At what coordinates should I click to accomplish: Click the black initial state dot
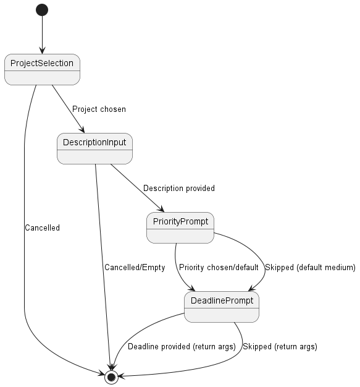click(42, 10)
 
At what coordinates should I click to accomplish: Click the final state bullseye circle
click(111, 376)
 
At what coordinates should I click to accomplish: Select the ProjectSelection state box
click(42, 69)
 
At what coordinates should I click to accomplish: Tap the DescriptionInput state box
click(94, 148)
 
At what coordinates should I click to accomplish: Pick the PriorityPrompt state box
click(180, 228)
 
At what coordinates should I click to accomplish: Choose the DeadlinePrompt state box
click(221, 307)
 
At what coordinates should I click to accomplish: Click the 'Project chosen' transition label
click(99, 109)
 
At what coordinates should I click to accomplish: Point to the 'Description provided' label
click(179, 188)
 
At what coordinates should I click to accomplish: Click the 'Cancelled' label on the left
click(42, 228)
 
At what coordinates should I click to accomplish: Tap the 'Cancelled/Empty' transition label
click(133, 268)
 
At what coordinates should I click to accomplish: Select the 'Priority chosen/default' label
click(219, 268)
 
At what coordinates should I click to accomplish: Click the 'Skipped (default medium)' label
click(310, 268)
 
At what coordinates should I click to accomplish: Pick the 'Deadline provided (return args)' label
click(182, 347)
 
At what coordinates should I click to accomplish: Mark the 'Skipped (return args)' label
click(280, 347)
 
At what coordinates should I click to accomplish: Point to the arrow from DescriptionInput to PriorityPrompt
click(136, 187)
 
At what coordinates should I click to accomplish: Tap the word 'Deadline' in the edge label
click(143, 347)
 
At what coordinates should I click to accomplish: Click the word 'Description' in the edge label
click(162, 188)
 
